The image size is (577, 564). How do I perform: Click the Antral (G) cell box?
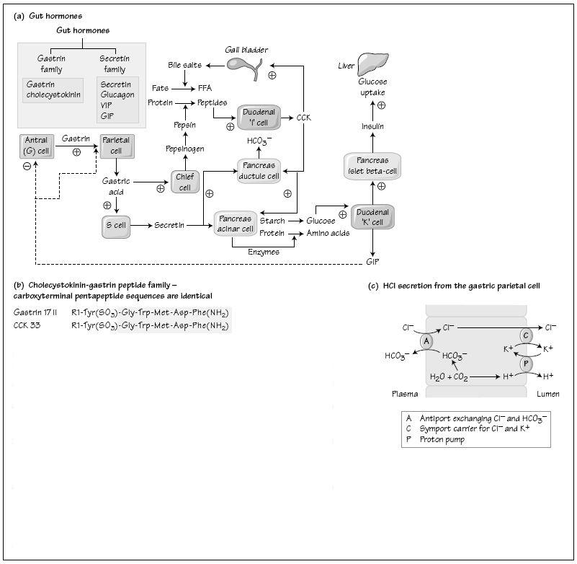(x=35, y=145)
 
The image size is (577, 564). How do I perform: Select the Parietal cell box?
(x=116, y=145)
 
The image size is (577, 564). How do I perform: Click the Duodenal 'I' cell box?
(x=257, y=117)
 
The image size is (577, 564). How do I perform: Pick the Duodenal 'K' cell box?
(x=372, y=217)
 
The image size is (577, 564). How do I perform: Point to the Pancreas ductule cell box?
(x=258, y=170)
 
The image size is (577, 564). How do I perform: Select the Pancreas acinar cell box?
(x=236, y=223)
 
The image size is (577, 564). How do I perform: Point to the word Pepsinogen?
(x=185, y=149)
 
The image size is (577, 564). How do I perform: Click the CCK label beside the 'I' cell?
(x=304, y=117)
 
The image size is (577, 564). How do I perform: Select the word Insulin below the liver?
(x=372, y=126)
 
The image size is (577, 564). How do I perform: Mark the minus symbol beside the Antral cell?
(x=26, y=166)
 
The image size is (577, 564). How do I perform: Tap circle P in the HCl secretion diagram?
(x=526, y=363)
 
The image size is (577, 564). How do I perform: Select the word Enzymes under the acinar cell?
(x=264, y=252)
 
